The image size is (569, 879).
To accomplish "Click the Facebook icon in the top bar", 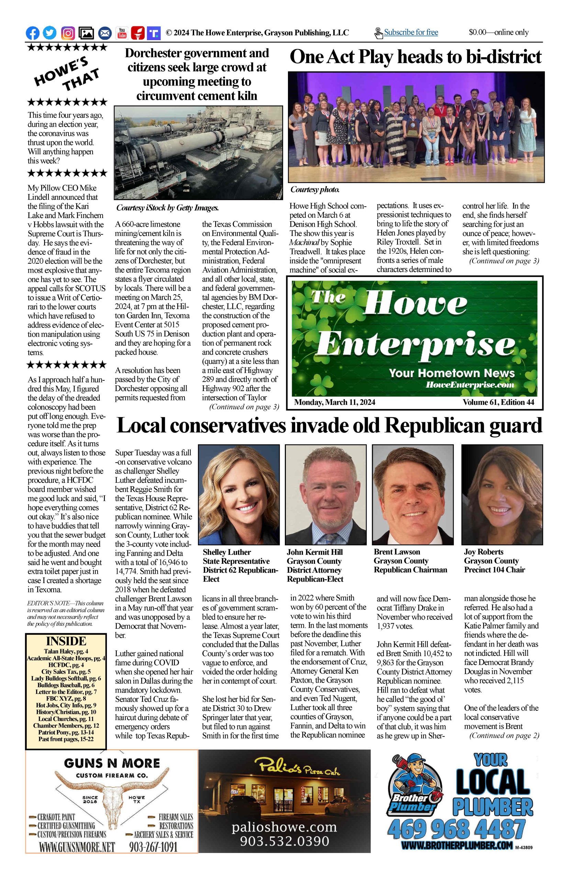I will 33,33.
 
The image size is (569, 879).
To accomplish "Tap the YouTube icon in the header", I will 122,33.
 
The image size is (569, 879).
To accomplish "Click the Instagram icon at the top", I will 68,33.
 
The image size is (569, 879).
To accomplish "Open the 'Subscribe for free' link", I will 411,33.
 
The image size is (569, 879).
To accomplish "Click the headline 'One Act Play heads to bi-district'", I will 415,57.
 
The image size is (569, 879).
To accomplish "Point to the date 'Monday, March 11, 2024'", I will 334,402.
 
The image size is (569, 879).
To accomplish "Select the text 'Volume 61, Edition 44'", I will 498,402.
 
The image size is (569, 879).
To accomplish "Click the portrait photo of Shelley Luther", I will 239,495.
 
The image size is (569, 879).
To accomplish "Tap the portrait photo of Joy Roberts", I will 502,495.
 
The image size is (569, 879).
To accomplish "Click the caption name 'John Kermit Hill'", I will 315,552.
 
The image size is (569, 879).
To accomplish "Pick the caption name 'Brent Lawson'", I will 397,551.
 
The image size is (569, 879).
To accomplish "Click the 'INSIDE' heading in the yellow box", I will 66,641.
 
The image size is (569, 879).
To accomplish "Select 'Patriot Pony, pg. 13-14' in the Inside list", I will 66,732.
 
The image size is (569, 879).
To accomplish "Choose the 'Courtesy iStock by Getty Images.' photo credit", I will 167,208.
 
